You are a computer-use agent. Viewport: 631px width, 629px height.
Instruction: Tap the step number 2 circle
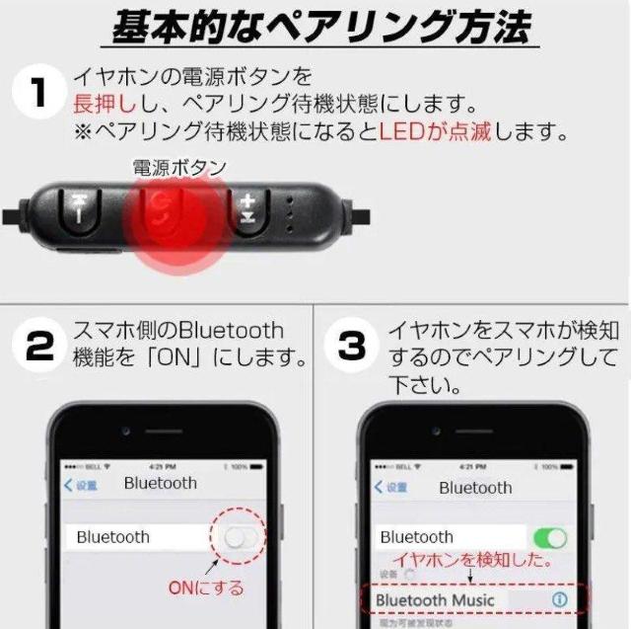click(x=38, y=348)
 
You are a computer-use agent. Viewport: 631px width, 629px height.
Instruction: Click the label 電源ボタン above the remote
click(x=179, y=168)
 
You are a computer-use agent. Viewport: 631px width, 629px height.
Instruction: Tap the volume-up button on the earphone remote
click(x=247, y=208)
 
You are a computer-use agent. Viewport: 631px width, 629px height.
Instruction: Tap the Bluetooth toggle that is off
click(x=242, y=537)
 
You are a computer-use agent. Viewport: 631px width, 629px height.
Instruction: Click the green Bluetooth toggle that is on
click(x=549, y=537)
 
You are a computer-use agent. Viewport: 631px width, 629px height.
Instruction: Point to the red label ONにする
click(x=205, y=589)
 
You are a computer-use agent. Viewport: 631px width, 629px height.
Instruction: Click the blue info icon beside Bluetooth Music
click(x=559, y=599)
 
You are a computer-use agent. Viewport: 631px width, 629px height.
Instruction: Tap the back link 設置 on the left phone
click(x=81, y=485)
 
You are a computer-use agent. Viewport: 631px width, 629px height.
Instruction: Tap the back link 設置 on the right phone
click(x=390, y=488)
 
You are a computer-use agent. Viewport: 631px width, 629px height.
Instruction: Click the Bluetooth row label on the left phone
click(x=113, y=537)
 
